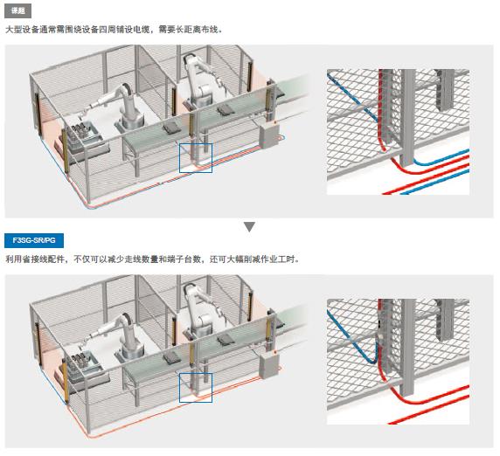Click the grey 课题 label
pos(17,11)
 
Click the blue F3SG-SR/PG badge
pos(34,240)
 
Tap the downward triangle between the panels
pos(249,227)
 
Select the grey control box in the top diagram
pos(269,136)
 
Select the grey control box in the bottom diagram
pos(269,366)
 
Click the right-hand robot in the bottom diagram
pos(200,311)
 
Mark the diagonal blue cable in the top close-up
pos(353,97)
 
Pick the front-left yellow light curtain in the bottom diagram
pos(66,381)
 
